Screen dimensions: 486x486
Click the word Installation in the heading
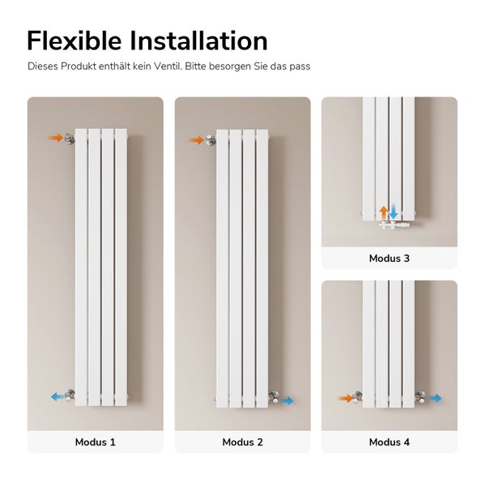pyautogui.click(x=202, y=40)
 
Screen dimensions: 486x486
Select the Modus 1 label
pyautogui.click(x=96, y=442)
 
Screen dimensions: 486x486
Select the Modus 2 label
pyautogui.click(x=242, y=442)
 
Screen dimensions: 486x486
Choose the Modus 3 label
pyautogui.click(x=389, y=258)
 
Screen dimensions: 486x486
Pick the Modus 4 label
pyautogui.click(x=389, y=442)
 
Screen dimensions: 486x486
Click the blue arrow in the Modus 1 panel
pyautogui.click(x=58, y=397)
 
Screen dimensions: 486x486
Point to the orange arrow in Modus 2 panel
pyautogui.click(x=197, y=140)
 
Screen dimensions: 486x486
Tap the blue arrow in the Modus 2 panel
pyautogui.click(x=286, y=400)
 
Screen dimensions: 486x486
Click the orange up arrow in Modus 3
pyautogui.click(x=384, y=212)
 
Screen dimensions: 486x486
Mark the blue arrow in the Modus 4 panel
pyautogui.click(x=435, y=398)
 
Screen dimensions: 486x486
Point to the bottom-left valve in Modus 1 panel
pyautogui.click(x=71, y=396)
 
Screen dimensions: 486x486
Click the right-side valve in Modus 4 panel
pyautogui.click(x=421, y=397)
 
